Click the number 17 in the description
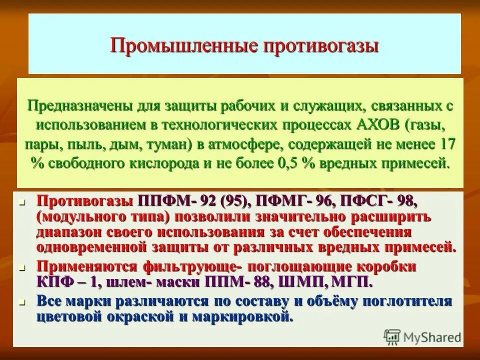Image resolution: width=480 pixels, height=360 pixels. [446, 144]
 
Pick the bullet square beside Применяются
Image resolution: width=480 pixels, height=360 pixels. [21, 267]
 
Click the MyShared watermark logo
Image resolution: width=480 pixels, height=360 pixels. [422, 336]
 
